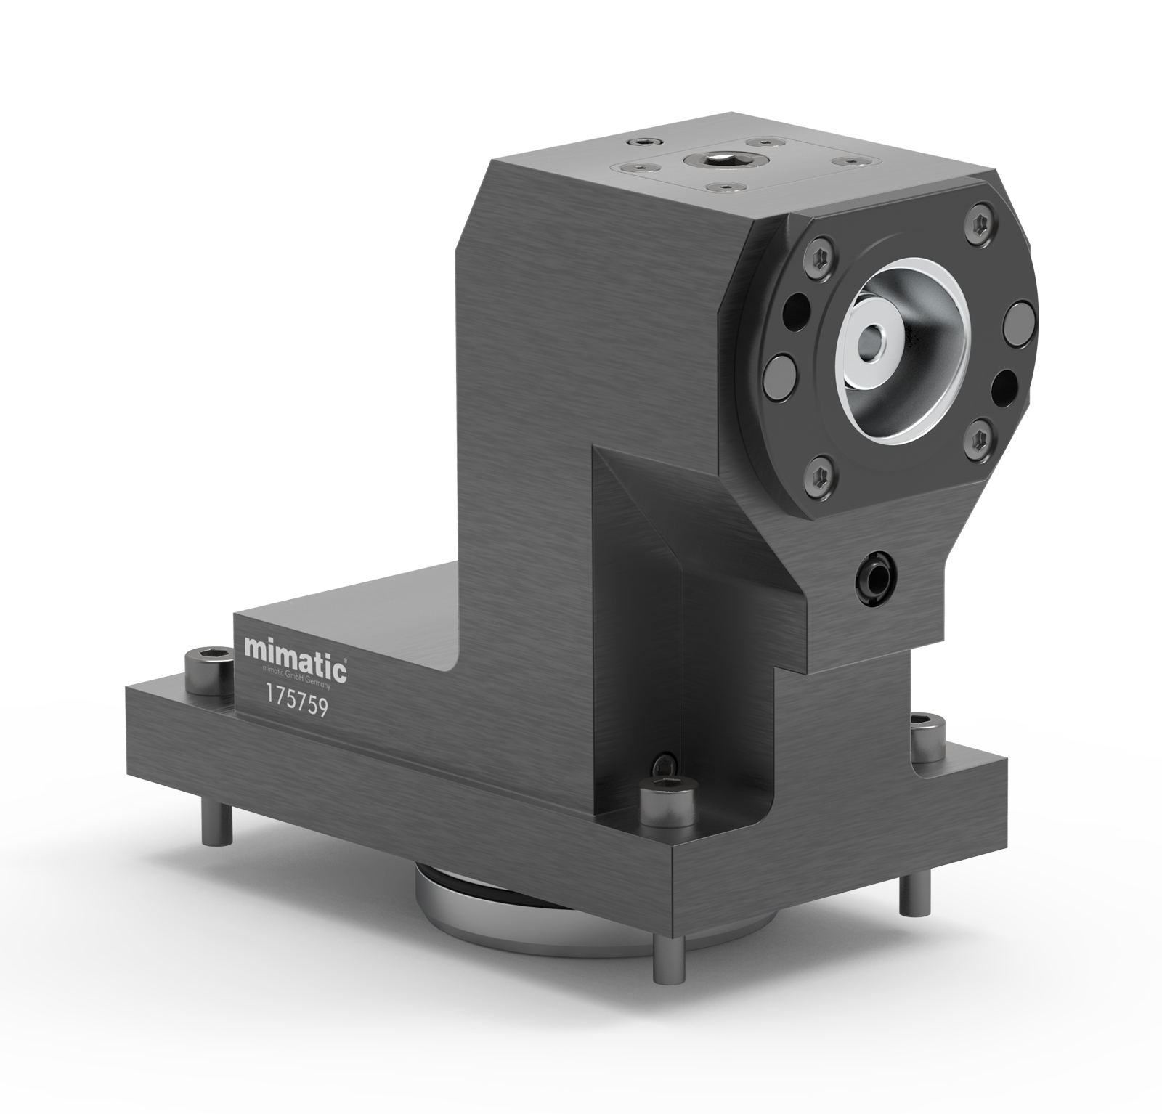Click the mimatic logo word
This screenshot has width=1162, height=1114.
pyautogui.click(x=295, y=649)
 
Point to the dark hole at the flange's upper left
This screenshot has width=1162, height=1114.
pyautogui.click(x=798, y=302)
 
